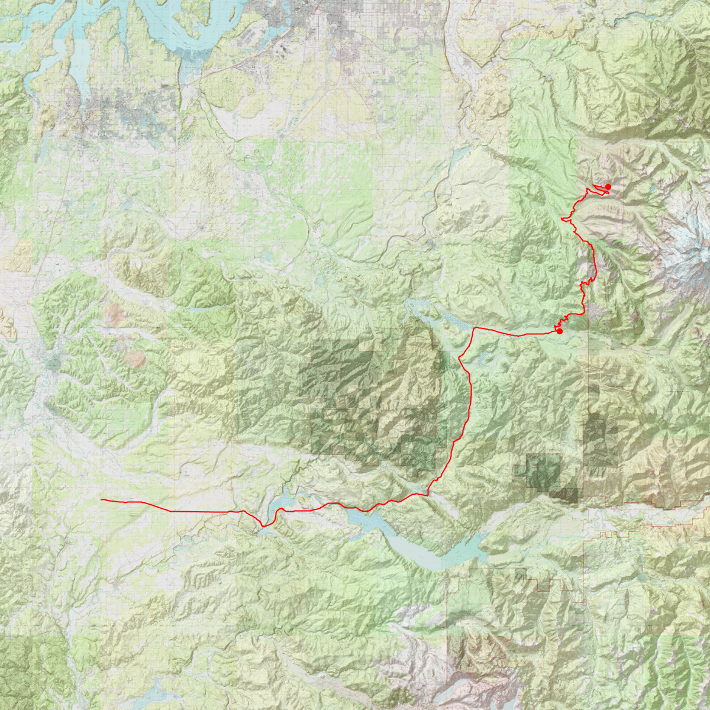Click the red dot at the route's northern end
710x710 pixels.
point(608,187)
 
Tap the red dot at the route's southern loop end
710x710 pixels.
point(560,331)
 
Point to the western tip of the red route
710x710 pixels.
point(102,500)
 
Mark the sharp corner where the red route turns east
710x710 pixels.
point(474,327)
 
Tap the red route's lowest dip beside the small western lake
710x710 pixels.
point(264,525)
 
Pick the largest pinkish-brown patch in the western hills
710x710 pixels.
point(135,359)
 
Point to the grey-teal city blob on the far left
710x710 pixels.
point(53,361)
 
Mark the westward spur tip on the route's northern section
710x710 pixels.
point(561,220)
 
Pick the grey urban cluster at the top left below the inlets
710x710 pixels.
point(118,112)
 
